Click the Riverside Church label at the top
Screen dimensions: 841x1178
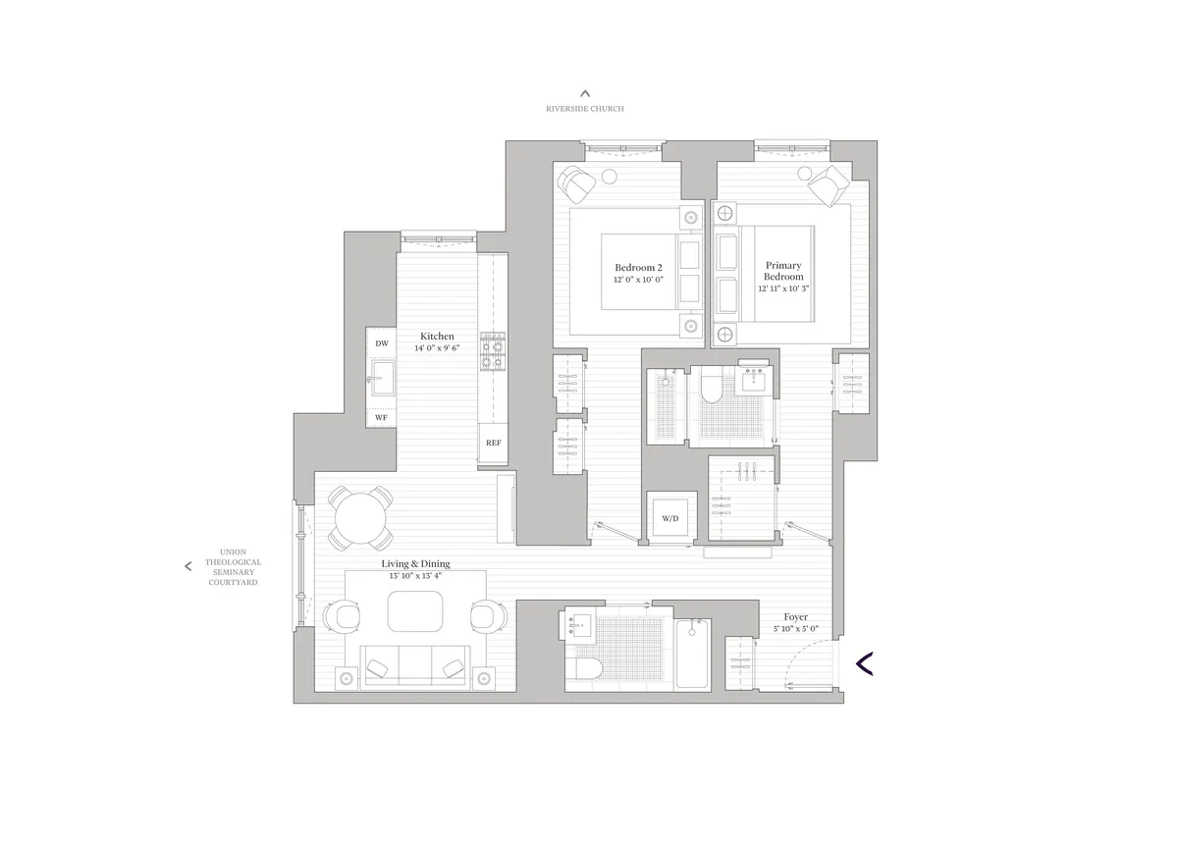tap(585, 109)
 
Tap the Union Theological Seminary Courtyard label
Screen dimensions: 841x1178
tap(232, 566)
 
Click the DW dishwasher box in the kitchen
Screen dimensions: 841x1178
tap(382, 343)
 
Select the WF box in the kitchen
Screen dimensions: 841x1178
tap(382, 418)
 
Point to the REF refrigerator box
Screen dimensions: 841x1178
tap(493, 443)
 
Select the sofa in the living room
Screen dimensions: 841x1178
tap(414, 667)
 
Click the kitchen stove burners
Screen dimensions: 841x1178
tap(492, 353)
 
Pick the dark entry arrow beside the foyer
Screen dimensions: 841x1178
tap(864, 664)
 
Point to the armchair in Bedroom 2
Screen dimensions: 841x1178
tap(576, 183)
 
